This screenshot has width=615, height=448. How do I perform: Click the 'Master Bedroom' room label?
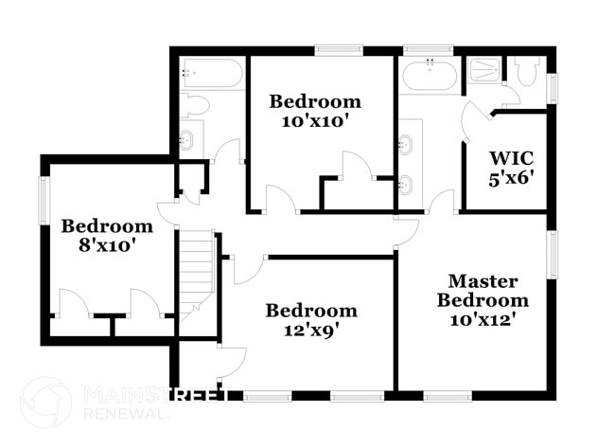[483, 290]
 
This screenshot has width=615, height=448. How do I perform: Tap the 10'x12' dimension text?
[483, 319]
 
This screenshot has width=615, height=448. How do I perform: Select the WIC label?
[507, 157]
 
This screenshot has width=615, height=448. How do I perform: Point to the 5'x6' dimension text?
[507, 177]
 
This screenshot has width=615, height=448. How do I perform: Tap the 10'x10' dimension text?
[315, 121]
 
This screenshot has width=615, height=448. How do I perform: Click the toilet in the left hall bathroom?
[193, 104]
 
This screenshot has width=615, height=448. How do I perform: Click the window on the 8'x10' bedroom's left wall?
[44, 199]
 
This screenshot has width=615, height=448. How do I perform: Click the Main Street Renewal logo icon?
[45, 402]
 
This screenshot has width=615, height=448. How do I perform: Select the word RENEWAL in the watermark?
[117, 412]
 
